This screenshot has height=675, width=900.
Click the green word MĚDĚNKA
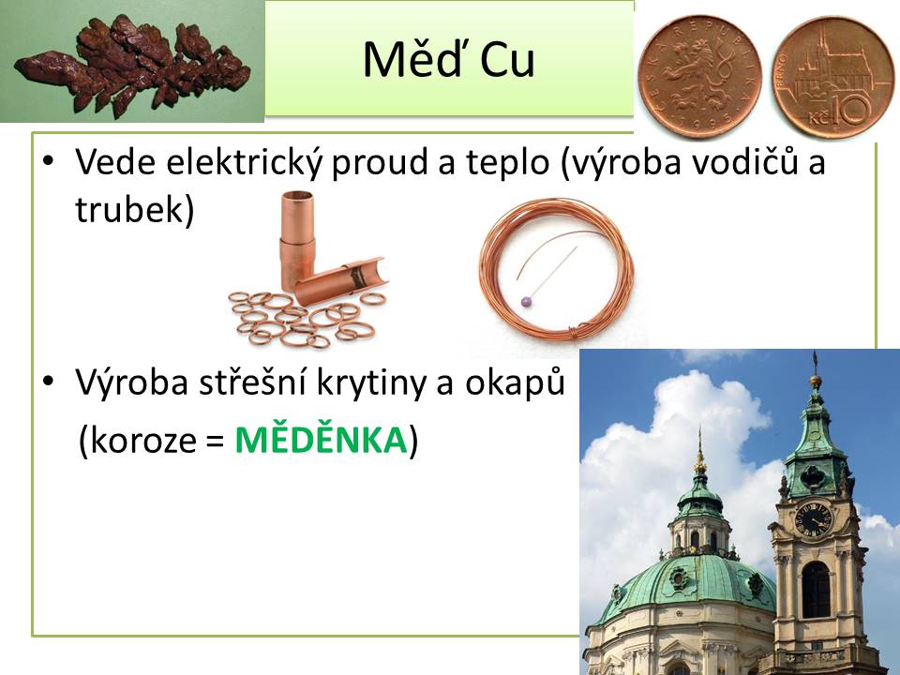[321, 441]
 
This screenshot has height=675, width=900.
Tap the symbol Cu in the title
[507, 59]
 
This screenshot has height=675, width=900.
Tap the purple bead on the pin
[527, 302]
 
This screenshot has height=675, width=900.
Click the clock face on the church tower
[814, 519]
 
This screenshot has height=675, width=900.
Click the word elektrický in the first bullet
[246, 162]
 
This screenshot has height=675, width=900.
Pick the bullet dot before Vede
[48, 159]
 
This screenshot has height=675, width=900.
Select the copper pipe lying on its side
[340, 280]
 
